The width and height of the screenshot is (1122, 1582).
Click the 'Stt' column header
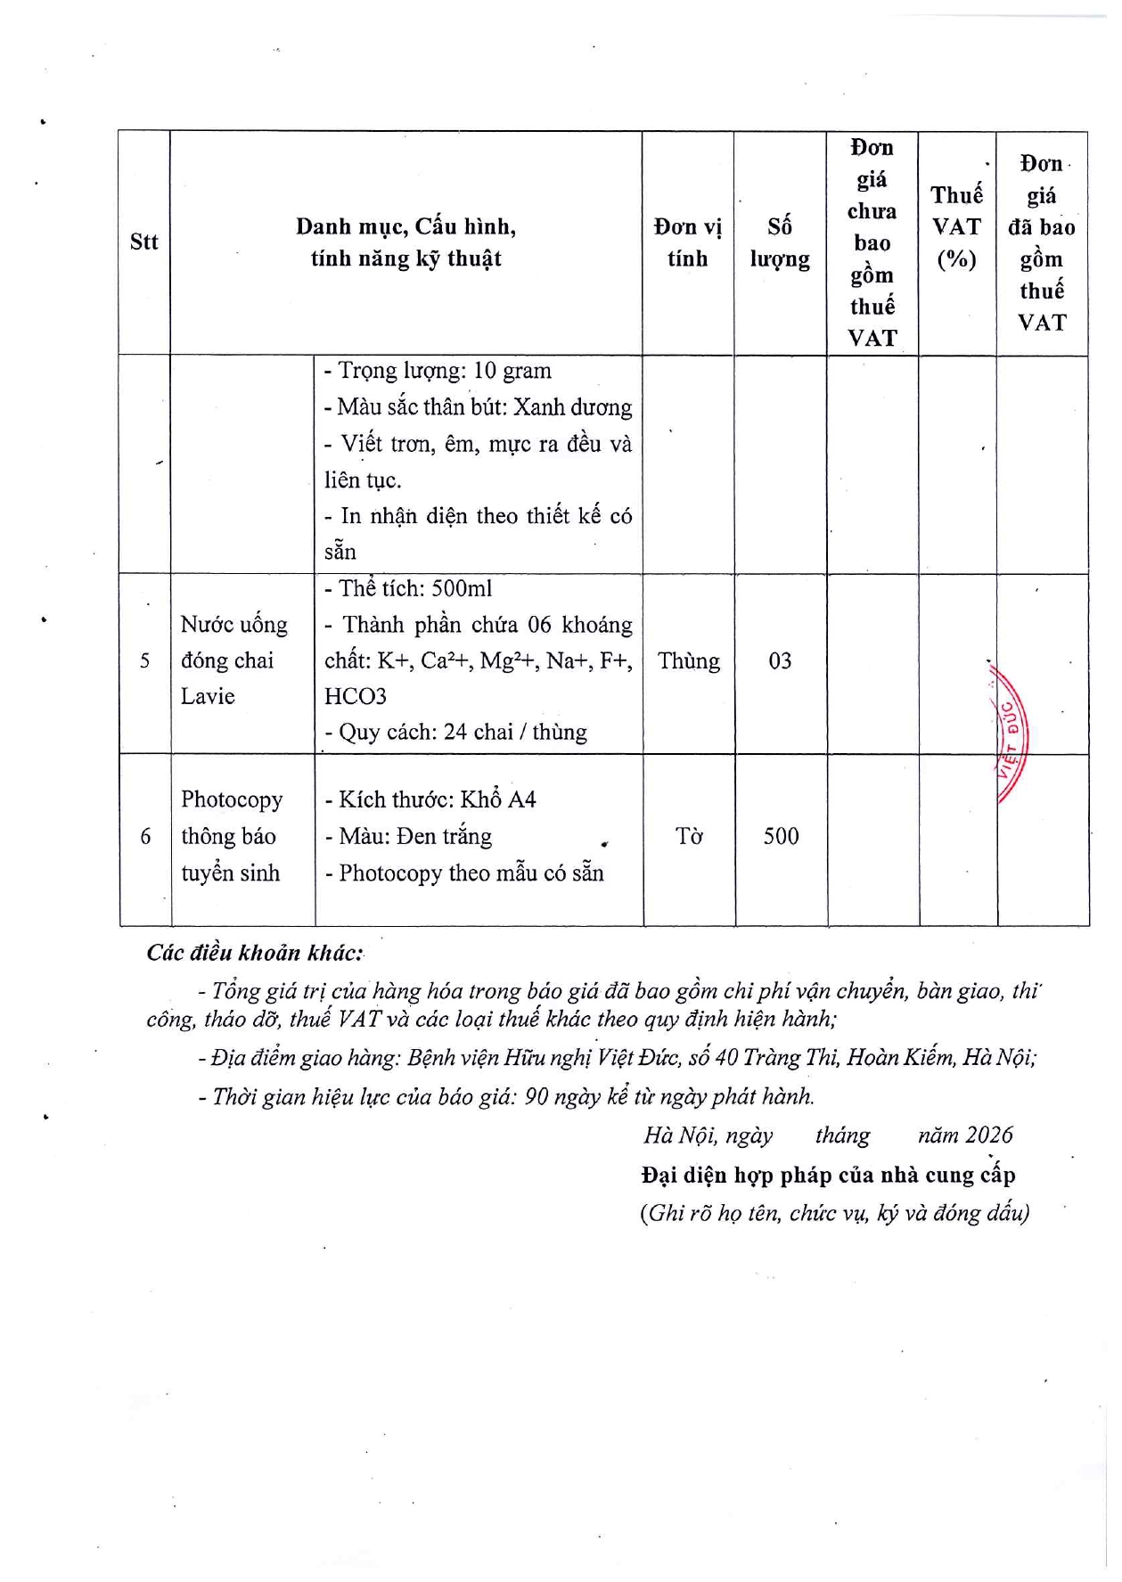tap(143, 242)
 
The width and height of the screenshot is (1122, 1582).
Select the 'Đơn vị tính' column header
tap(687, 242)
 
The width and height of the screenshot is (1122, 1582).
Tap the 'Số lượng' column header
tap(780, 242)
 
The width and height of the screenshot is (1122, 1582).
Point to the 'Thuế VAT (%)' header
tap(956, 226)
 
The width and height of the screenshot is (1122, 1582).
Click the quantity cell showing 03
tap(780, 661)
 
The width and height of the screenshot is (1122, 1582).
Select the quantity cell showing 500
tap(781, 836)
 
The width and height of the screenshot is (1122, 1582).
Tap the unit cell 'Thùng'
tap(688, 661)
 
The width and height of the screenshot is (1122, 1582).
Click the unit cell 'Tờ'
tap(688, 836)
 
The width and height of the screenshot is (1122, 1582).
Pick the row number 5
tap(144, 661)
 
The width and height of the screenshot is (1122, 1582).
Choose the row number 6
tap(145, 836)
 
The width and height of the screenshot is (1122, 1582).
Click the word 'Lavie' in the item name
tap(208, 696)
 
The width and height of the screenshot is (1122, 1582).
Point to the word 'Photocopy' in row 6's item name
tap(232, 799)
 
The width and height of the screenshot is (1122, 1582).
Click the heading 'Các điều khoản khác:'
tap(255, 953)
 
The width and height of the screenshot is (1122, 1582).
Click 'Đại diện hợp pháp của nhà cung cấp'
tap(828, 1175)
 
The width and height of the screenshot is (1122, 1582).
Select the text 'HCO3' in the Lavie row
tap(355, 696)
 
